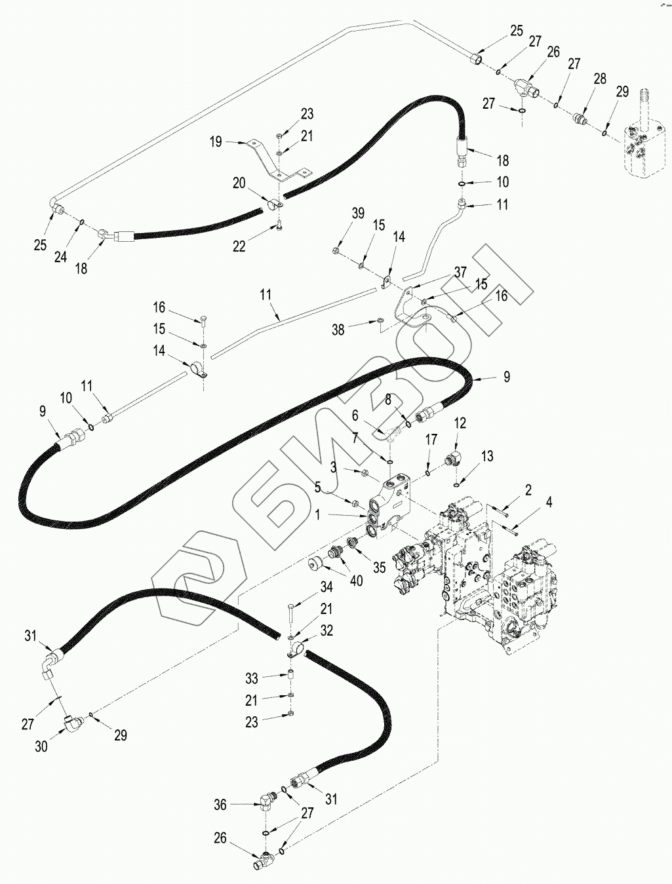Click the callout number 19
pyautogui.click(x=216, y=141)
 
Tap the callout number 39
pyautogui.click(x=358, y=214)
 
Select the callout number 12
pyautogui.click(x=460, y=423)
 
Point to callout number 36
pyautogui.click(x=221, y=804)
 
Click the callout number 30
pyautogui.click(x=41, y=746)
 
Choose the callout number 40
pyautogui.click(x=356, y=580)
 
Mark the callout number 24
pyautogui.click(x=60, y=258)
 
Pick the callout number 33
pyautogui.click(x=251, y=678)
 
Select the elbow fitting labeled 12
pyautogui.click(x=454, y=457)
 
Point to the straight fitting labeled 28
pyautogui.click(x=578, y=119)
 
